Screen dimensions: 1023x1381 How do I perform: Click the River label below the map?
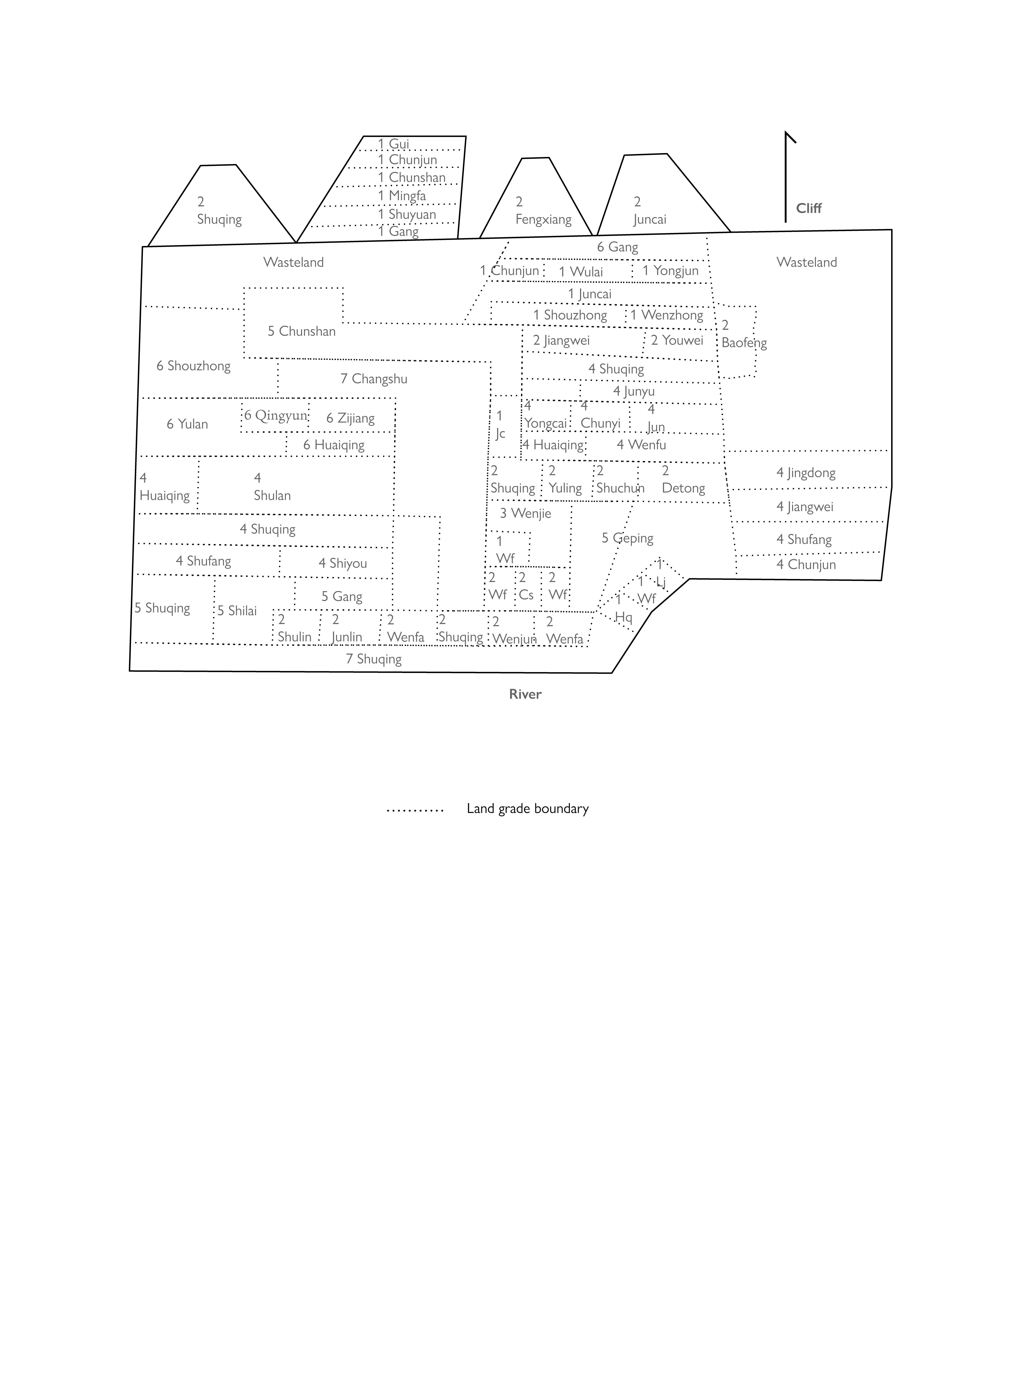click(x=525, y=694)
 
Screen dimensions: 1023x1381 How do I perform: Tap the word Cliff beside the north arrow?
click(x=809, y=209)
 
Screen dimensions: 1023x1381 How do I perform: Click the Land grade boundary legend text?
click(x=528, y=809)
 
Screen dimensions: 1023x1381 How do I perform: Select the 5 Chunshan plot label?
click(x=302, y=331)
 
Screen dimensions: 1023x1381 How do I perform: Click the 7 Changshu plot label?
click(x=374, y=379)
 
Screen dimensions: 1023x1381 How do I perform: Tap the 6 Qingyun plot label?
click(x=276, y=416)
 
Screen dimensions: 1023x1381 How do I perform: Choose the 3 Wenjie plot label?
click(x=525, y=513)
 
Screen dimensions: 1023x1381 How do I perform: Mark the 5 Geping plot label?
click(x=627, y=538)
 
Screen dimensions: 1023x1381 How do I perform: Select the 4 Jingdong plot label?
click(x=806, y=473)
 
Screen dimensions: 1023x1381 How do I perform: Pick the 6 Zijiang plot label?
click(x=351, y=419)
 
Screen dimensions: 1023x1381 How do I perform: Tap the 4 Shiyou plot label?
click(x=343, y=564)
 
